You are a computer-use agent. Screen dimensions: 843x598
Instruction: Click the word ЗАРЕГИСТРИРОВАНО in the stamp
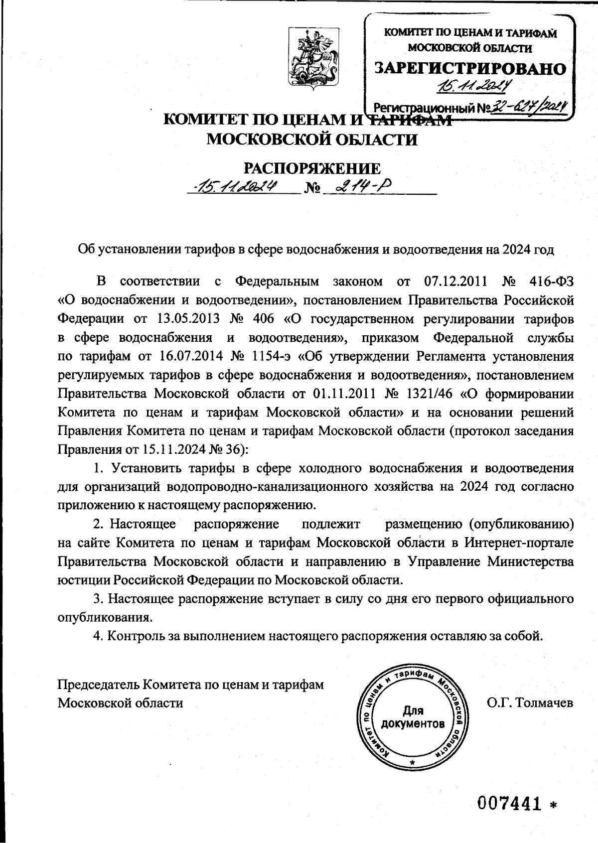[470, 69]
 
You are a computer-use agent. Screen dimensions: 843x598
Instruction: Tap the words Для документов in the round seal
[412, 717]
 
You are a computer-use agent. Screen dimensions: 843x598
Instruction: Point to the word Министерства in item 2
[530, 562]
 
